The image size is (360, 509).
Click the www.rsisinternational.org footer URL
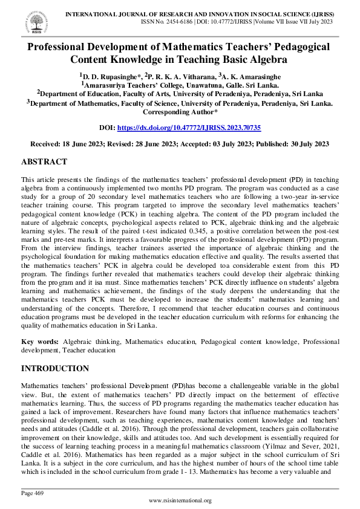tap(180, 501)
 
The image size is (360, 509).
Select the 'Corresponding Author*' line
tap(180, 112)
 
